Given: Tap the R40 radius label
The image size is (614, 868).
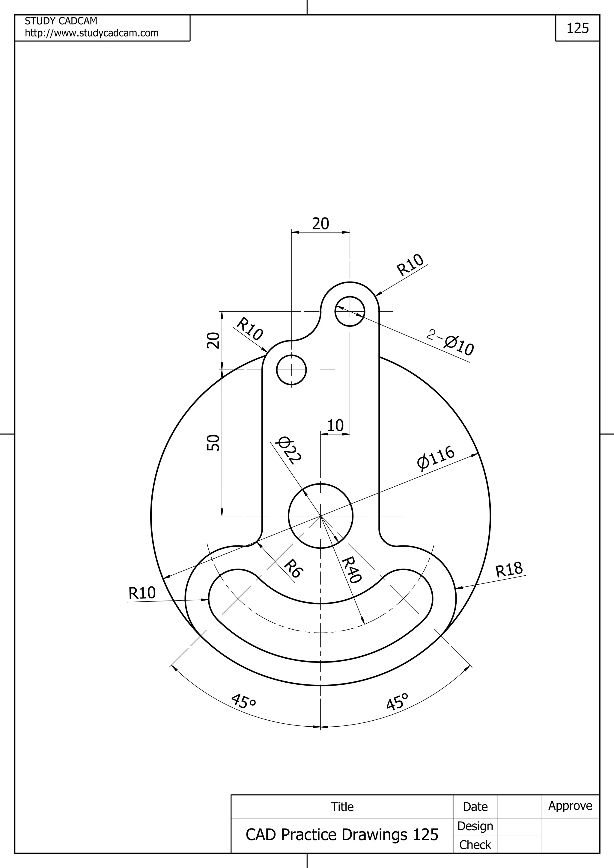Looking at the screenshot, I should (x=351, y=570).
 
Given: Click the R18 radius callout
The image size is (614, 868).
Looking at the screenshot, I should (x=509, y=570).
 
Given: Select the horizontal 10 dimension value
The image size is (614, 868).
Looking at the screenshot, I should (x=335, y=426).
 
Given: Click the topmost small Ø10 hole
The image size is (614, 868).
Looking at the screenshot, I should (x=350, y=311).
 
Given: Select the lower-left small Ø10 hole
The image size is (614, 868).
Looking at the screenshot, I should (x=291, y=370).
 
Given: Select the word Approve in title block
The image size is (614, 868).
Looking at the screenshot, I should (x=570, y=806).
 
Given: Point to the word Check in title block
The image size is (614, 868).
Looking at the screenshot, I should (x=475, y=845).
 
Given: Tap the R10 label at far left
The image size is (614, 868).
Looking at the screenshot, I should (x=142, y=593).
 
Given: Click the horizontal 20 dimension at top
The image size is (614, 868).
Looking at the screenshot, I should (x=320, y=224).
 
